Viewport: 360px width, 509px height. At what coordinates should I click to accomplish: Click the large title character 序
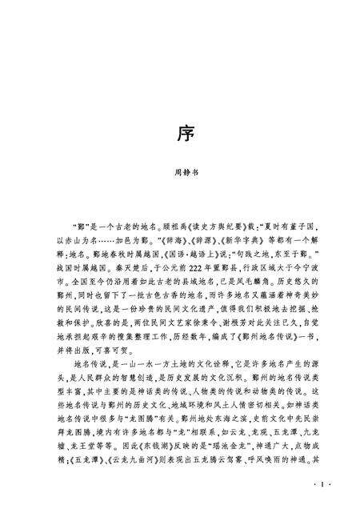179,132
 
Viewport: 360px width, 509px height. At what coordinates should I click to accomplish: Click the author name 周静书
179,171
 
